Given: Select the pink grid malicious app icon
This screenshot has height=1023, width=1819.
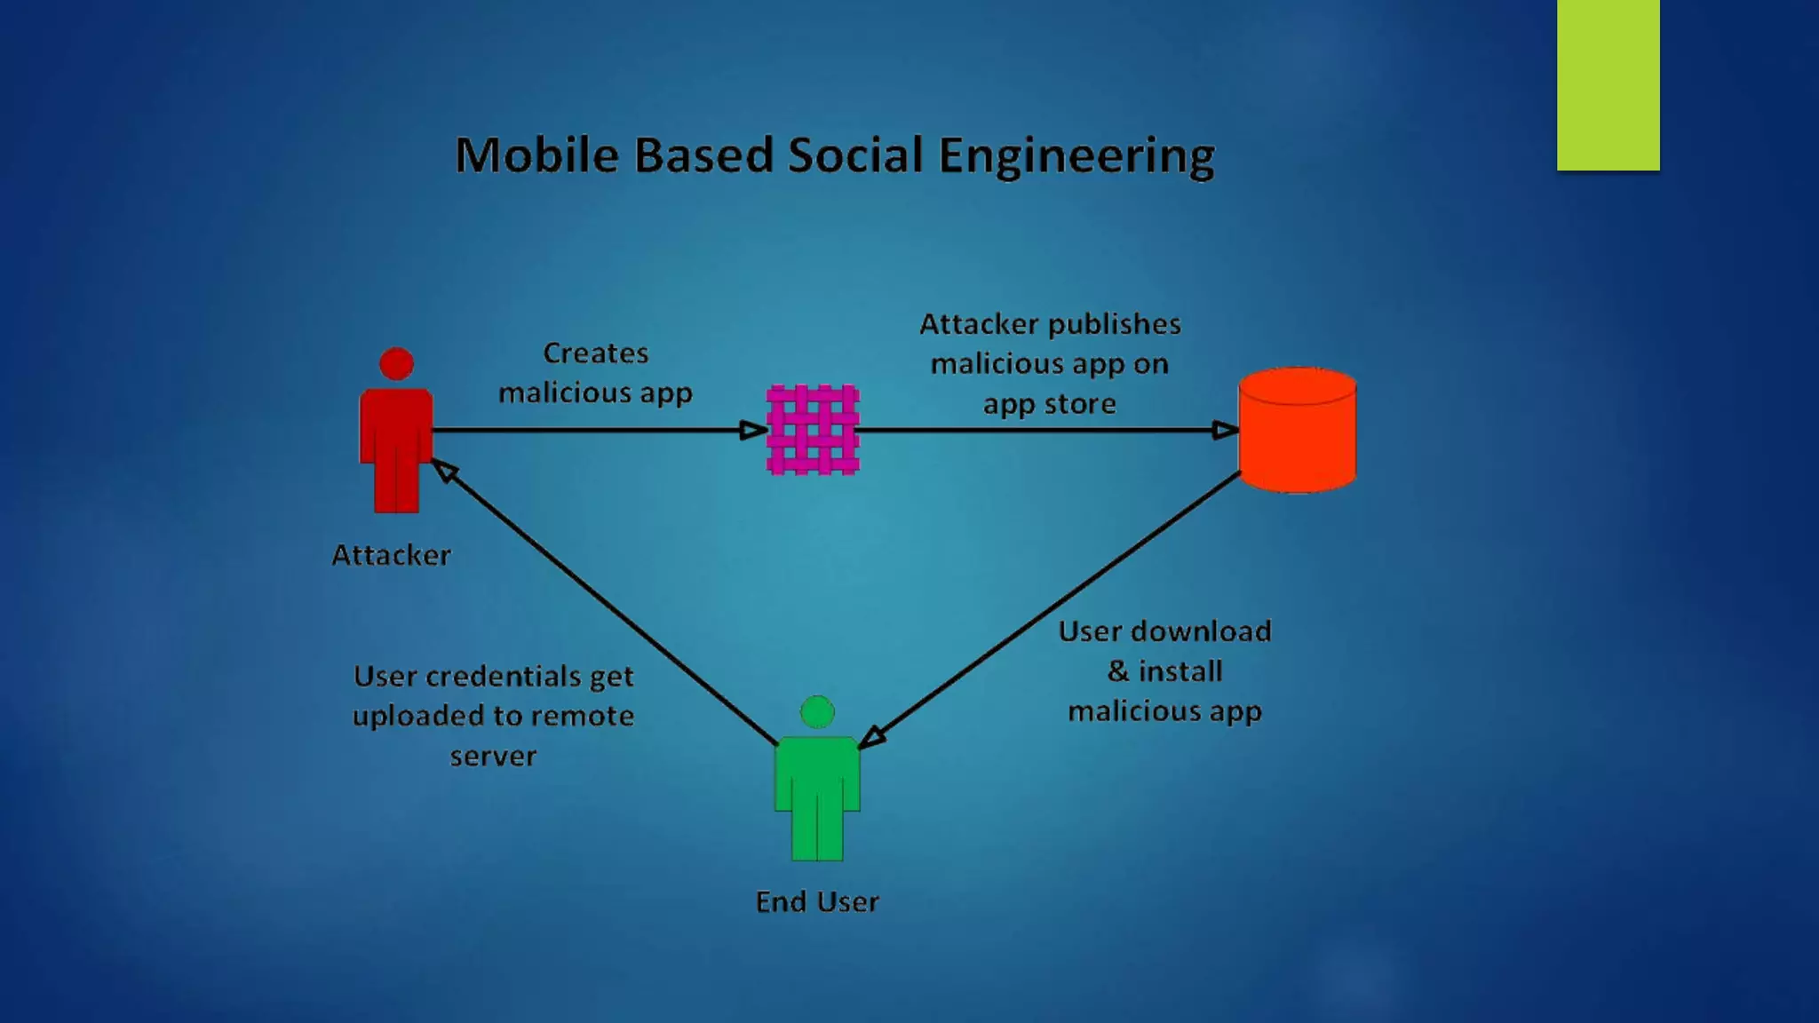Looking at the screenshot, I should point(813,430).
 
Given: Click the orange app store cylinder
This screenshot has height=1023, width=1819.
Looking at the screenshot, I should point(1297,431).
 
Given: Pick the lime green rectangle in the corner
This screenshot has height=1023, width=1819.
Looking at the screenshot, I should point(1608,84).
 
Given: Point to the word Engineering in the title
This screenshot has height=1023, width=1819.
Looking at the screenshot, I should point(1076,157).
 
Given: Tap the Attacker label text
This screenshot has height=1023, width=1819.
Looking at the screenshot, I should point(391,555).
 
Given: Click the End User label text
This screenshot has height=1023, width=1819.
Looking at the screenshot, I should point(817,901).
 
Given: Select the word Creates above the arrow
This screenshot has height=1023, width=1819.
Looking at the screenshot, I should point(596,353).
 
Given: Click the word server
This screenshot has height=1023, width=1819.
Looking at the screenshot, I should point(493,757).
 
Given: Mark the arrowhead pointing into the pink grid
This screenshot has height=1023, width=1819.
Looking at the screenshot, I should point(753,431).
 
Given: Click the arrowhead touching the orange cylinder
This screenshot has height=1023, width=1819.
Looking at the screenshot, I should point(1226,431).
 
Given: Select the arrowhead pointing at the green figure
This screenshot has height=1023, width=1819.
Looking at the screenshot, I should point(872,736).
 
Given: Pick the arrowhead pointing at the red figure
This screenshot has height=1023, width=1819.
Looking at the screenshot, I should point(444,471).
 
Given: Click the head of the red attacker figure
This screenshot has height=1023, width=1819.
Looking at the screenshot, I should point(396,363).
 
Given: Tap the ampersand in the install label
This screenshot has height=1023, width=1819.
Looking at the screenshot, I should point(1118,671).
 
